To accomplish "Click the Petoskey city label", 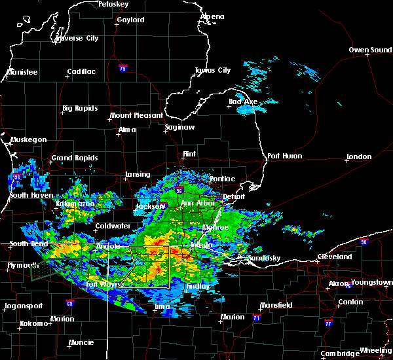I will click(113, 4).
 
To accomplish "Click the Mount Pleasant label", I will click(136, 115).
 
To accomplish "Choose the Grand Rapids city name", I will click(75, 158).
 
